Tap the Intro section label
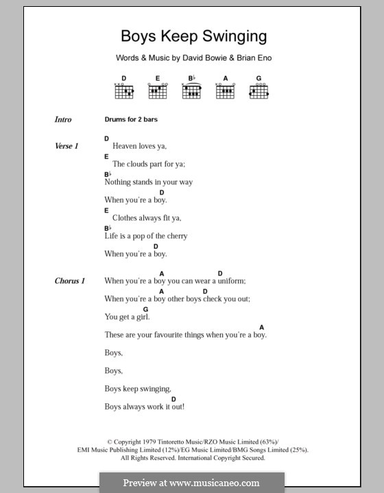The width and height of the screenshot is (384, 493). pyautogui.click(x=63, y=120)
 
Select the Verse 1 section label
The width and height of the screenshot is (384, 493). pyautogui.click(x=67, y=147)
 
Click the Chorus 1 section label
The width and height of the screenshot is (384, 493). pyautogui.click(x=70, y=281)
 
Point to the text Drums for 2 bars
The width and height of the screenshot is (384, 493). pyautogui.click(x=131, y=120)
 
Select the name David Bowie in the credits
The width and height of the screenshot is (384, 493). pyautogui.click(x=201, y=58)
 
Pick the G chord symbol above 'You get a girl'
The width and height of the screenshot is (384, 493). pyautogui.click(x=145, y=309)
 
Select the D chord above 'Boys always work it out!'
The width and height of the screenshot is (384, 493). pyautogui.click(x=173, y=399)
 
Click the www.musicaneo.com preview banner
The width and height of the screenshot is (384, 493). pyautogui.click(x=191, y=482)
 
